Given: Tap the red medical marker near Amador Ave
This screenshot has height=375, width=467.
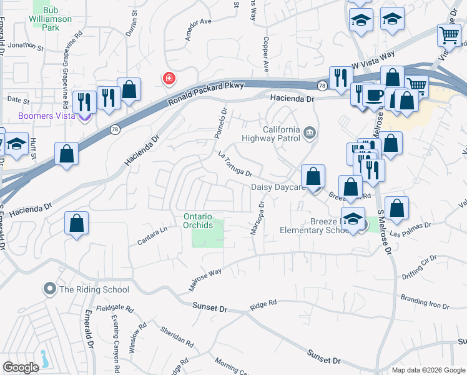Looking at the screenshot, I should click(168, 79).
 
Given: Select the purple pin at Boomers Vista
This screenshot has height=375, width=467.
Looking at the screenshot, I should click(86, 115).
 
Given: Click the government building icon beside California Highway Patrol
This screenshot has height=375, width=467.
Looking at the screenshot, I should click(310, 132).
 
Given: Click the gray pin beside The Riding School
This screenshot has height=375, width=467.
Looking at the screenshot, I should click(49, 289).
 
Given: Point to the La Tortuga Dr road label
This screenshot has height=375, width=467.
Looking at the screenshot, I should click(235, 164).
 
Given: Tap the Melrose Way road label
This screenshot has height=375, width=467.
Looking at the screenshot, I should click(205, 281).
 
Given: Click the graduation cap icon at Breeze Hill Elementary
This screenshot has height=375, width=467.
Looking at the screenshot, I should click(353, 219).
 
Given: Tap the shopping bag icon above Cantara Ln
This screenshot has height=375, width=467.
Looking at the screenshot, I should click(76, 224).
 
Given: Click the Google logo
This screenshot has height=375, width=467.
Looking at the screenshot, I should click(21, 367).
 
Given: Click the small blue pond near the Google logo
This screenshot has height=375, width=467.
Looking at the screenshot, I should click(44, 359).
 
